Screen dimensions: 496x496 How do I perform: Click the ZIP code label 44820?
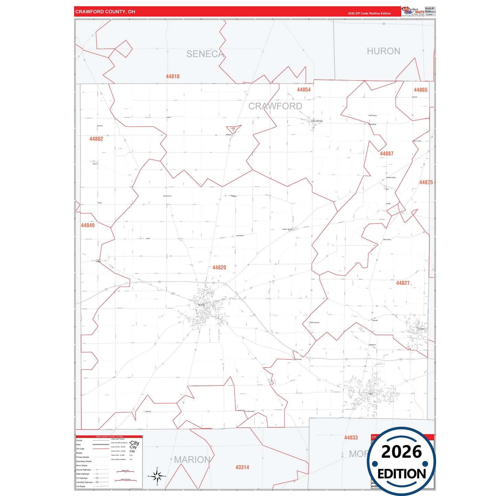click(x=219, y=267)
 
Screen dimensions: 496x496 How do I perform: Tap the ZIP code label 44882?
click(x=96, y=139)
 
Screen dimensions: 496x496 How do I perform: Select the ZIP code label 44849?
click(x=88, y=225)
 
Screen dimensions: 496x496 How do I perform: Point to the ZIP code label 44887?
click(x=387, y=153)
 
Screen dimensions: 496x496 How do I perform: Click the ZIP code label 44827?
click(x=403, y=283)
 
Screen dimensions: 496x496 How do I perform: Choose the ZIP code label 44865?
click(x=420, y=90)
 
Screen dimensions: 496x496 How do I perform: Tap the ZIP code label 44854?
click(x=304, y=90)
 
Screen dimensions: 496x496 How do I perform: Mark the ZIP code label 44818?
click(x=173, y=76)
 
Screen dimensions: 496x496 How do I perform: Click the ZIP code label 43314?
click(x=242, y=467)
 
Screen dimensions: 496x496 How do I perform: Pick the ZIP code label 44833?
click(x=351, y=437)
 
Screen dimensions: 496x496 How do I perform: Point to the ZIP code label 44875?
click(x=426, y=182)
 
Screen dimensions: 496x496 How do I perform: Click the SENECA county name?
click(x=205, y=54)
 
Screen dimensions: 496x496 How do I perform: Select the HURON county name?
click(x=383, y=51)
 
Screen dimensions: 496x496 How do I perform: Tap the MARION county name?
click(x=192, y=460)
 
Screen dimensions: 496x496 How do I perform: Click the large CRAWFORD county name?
click(x=275, y=106)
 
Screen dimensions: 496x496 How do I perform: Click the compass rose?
click(x=157, y=476)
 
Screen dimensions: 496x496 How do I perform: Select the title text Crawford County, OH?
click(x=105, y=12)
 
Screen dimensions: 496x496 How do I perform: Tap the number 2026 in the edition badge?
click(x=401, y=452)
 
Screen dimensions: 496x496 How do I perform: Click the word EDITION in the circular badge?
click(x=402, y=474)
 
